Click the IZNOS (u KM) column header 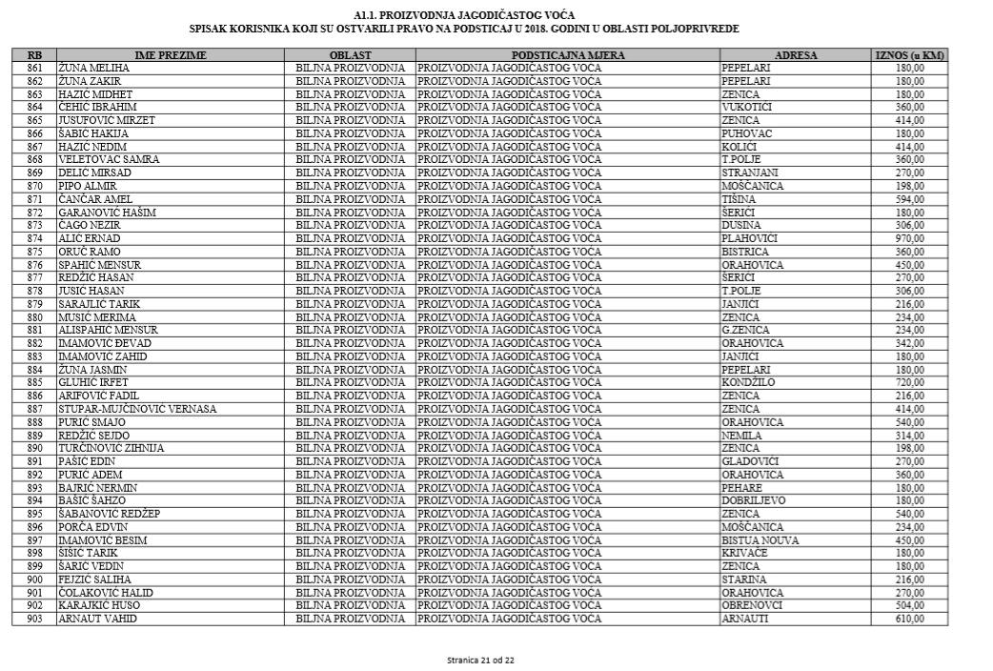pyautogui.click(x=909, y=55)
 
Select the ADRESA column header pyautogui.click(x=796, y=55)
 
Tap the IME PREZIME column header pyautogui.click(x=171, y=55)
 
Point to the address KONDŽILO pyautogui.click(x=748, y=382)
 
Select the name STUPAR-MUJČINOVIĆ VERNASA pyautogui.click(x=137, y=409)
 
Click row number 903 pyautogui.click(x=35, y=619)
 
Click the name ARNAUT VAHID pyautogui.click(x=97, y=619)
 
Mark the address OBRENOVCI pyautogui.click(x=752, y=605)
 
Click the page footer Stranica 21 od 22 pyautogui.click(x=481, y=660)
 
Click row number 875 pyautogui.click(x=35, y=252)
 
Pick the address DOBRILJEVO pyautogui.click(x=754, y=500)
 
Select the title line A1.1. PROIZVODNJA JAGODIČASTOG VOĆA pyautogui.click(x=464, y=16)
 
